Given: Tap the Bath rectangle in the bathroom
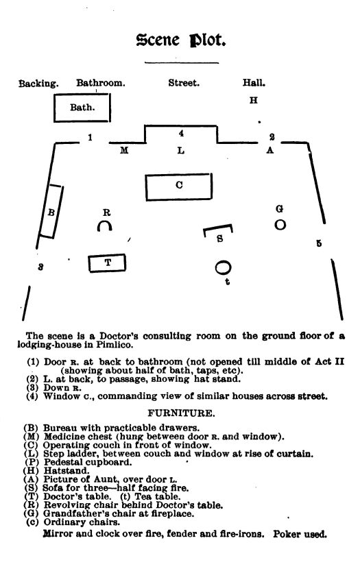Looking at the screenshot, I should click(82, 108).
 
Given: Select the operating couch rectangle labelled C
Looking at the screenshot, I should click(178, 185).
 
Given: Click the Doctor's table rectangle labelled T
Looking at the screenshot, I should click(108, 262).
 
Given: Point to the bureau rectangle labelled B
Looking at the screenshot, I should click(51, 212).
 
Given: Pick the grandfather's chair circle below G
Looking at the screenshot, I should click(280, 224).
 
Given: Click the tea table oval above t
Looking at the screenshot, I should click(224, 267).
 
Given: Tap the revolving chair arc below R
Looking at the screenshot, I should click(105, 226).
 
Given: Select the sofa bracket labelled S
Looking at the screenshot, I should click(219, 234).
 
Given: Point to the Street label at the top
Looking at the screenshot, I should click(184, 84).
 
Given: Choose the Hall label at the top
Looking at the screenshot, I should click(254, 84).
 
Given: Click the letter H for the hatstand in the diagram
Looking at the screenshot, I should click(253, 101).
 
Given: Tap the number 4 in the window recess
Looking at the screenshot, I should click(181, 134).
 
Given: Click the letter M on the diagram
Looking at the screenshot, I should click(124, 151).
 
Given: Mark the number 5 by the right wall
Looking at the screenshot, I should click(319, 243).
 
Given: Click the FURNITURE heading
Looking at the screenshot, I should click(180, 413).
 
